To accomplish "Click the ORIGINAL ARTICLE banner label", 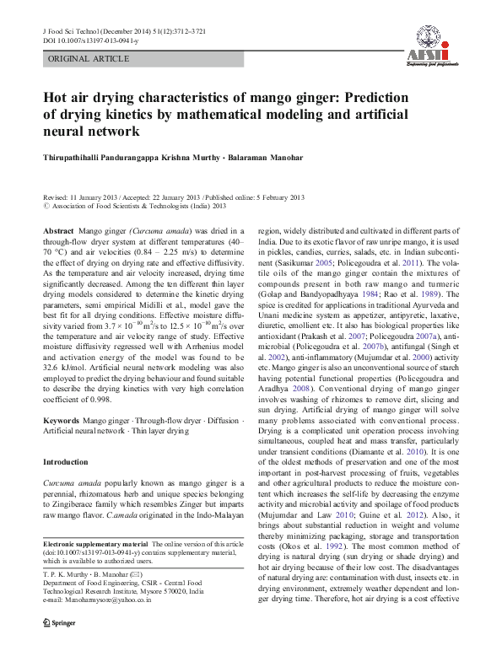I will pos(89,59).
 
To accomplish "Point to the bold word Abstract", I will pos(57,230).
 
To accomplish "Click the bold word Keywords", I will pos(61,419).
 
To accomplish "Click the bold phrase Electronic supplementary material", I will pos(95,545).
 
